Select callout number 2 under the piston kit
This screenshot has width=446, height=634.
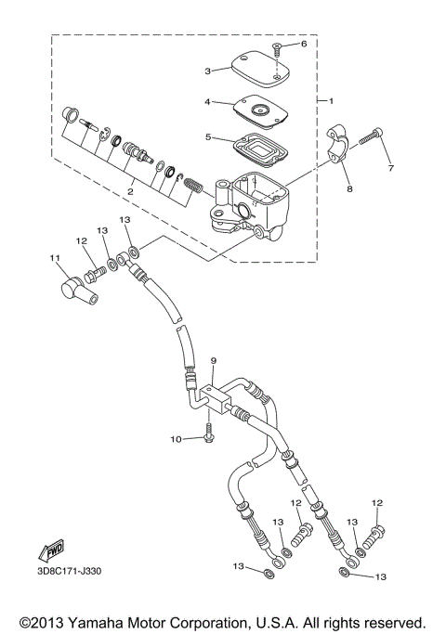click(130, 191)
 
